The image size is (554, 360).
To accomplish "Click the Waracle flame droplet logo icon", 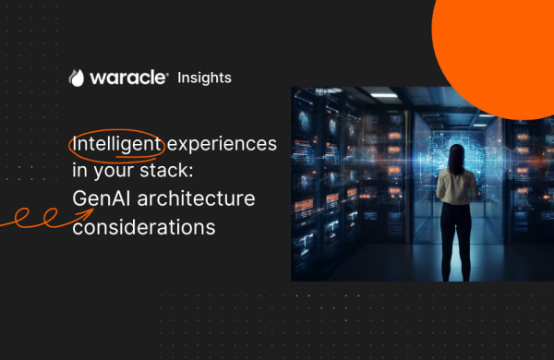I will (x=77, y=78).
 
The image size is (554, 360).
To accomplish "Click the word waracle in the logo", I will (x=126, y=78).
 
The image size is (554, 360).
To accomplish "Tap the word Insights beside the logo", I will (x=204, y=78).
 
